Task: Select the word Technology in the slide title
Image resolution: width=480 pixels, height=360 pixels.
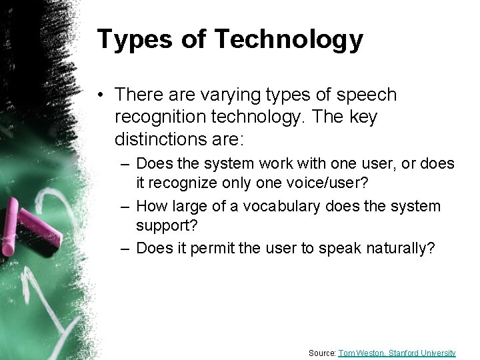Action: click(x=289, y=40)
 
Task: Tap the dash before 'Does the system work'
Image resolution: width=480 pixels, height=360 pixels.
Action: click(x=124, y=163)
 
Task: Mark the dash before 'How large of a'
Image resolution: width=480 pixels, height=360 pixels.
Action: click(x=124, y=207)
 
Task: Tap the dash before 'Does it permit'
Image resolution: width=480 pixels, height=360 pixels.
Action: click(x=124, y=249)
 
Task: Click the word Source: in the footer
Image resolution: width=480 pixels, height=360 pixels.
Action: click(x=322, y=353)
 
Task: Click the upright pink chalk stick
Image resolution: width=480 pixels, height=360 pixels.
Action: click(x=11, y=223)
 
